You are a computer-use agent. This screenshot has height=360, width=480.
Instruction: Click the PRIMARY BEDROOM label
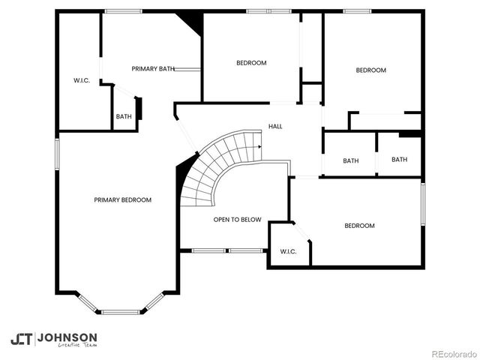[122, 200]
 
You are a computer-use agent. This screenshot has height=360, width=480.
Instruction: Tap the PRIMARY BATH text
[153, 69]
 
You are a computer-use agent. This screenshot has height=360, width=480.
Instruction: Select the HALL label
[275, 127]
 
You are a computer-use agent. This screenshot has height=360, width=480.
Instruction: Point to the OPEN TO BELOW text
[237, 220]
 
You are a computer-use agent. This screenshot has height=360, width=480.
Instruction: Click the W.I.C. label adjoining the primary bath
[82, 80]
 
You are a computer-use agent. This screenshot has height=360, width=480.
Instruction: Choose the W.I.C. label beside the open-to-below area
[288, 251]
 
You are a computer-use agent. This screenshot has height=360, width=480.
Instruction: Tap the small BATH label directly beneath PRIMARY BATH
[124, 116]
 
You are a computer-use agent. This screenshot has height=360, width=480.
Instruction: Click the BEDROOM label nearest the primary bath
[251, 63]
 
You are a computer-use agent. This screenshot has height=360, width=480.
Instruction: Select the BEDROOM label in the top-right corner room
[370, 70]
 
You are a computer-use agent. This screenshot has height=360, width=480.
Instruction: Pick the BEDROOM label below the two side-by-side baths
[359, 226]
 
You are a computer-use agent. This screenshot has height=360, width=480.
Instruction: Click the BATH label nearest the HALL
[350, 160]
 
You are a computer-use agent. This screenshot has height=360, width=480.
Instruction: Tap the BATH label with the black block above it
[399, 159]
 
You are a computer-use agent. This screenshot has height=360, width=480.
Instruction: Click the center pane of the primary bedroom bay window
[121, 311]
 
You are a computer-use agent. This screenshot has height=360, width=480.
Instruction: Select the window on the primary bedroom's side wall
[56, 154]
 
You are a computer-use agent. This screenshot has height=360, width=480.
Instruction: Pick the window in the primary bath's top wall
[123, 11]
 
